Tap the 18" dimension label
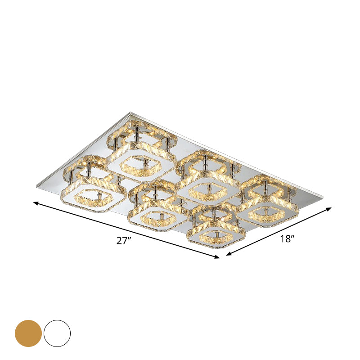[x=287, y=239]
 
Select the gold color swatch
[x=28, y=333]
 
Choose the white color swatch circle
[x=57, y=333]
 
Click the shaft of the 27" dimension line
[x=126, y=230]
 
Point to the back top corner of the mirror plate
[x=130, y=112]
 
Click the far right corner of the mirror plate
[x=323, y=195]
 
